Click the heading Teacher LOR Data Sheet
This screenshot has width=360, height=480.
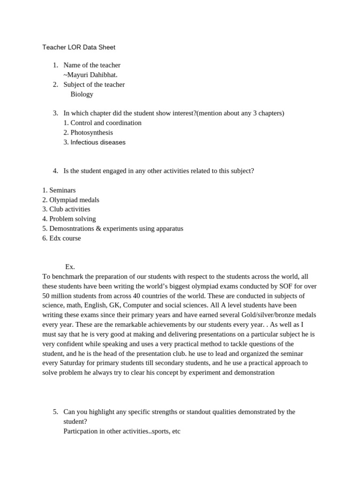[79, 47]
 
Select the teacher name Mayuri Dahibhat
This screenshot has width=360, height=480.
[91, 75]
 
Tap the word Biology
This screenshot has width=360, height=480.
[82, 94]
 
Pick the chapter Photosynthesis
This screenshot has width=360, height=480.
[91, 133]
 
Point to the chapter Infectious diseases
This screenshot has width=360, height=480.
[97, 142]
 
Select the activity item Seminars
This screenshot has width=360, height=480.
[62, 190]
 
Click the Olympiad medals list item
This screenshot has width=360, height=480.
[74, 200]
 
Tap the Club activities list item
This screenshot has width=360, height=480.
[70, 210]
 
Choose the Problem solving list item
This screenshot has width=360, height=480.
[72, 219]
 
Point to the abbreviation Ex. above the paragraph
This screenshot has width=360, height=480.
[70, 267]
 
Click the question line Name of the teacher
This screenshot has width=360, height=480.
[92, 65]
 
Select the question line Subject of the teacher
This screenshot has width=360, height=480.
[94, 84]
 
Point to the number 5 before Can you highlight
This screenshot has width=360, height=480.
[55, 412]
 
